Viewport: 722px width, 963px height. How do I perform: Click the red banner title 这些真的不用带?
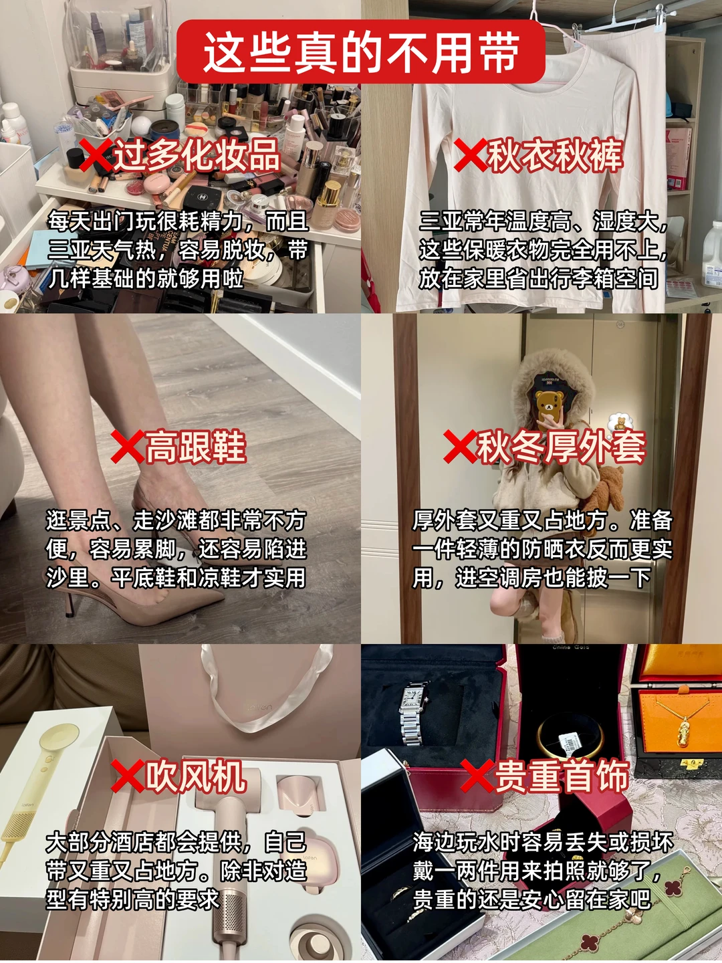coord(361,52)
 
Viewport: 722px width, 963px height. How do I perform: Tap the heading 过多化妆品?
coord(197,155)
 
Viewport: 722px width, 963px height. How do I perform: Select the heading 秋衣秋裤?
coord(555,155)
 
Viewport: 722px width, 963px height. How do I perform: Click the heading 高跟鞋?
coord(195,447)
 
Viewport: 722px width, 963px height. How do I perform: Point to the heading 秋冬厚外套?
coord(562,447)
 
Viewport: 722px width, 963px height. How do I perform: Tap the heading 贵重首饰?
coord(562,776)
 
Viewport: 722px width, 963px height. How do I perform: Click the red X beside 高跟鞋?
coord(127,447)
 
